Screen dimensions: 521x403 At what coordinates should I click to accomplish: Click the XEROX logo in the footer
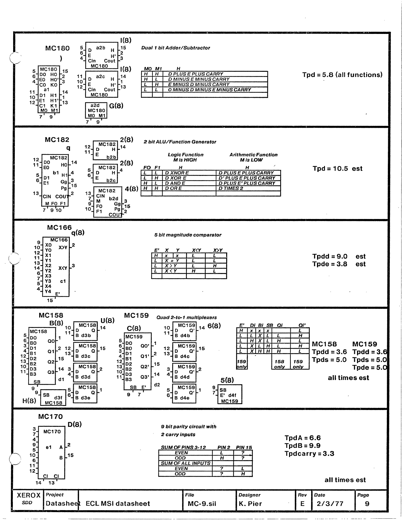click(x=29, y=495)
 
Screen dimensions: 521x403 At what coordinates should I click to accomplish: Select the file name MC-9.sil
click(x=202, y=504)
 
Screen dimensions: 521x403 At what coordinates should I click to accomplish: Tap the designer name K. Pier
click(x=250, y=504)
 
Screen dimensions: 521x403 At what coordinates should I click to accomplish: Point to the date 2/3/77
click(x=330, y=504)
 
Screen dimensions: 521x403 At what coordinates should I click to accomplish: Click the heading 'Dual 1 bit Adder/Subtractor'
click(x=175, y=48)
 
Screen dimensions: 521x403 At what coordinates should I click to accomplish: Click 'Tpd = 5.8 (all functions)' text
click(x=342, y=75)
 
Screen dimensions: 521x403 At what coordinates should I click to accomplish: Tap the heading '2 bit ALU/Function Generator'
click(x=180, y=142)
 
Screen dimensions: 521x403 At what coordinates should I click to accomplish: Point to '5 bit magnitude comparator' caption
click(x=188, y=235)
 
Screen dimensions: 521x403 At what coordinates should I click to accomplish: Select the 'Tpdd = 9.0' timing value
click(x=329, y=256)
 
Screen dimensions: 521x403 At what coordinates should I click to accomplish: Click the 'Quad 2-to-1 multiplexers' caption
click(x=186, y=317)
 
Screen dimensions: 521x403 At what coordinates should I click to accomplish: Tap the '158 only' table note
click(x=279, y=364)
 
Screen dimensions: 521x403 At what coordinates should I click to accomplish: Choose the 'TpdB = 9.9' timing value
click(x=302, y=446)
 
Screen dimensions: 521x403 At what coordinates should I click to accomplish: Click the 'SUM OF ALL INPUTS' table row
click(x=185, y=463)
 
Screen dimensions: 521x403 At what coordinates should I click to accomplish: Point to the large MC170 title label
click(x=50, y=417)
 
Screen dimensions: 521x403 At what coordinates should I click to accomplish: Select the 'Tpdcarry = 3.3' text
click(x=309, y=453)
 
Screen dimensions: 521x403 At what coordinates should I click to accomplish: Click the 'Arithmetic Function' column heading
click(x=254, y=155)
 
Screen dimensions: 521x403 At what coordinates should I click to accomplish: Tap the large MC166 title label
click(x=59, y=227)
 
